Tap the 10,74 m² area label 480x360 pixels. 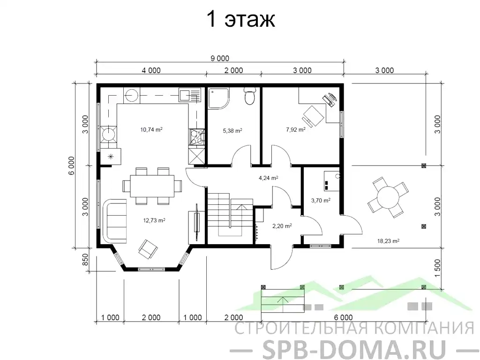click(x=151, y=129)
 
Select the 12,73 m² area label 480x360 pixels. click(x=154, y=220)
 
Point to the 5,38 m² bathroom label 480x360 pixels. click(x=232, y=131)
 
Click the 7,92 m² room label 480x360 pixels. click(x=296, y=129)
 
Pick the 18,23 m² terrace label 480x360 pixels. click(x=388, y=241)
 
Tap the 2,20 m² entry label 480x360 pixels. click(x=282, y=226)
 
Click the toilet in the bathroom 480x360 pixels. click(x=250, y=96)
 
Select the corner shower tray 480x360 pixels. click(x=218, y=98)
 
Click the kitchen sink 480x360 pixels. click(x=190, y=95)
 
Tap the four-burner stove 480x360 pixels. click(x=196, y=136)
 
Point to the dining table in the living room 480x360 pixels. click(x=152, y=186)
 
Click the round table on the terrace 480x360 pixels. click(x=388, y=197)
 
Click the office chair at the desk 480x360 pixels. click(x=313, y=116)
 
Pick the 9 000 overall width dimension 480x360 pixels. click(x=220, y=58)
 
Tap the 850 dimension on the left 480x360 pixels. click(x=85, y=260)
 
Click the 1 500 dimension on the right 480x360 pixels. click(x=437, y=268)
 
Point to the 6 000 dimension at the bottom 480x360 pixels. click(x=343, y=317)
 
